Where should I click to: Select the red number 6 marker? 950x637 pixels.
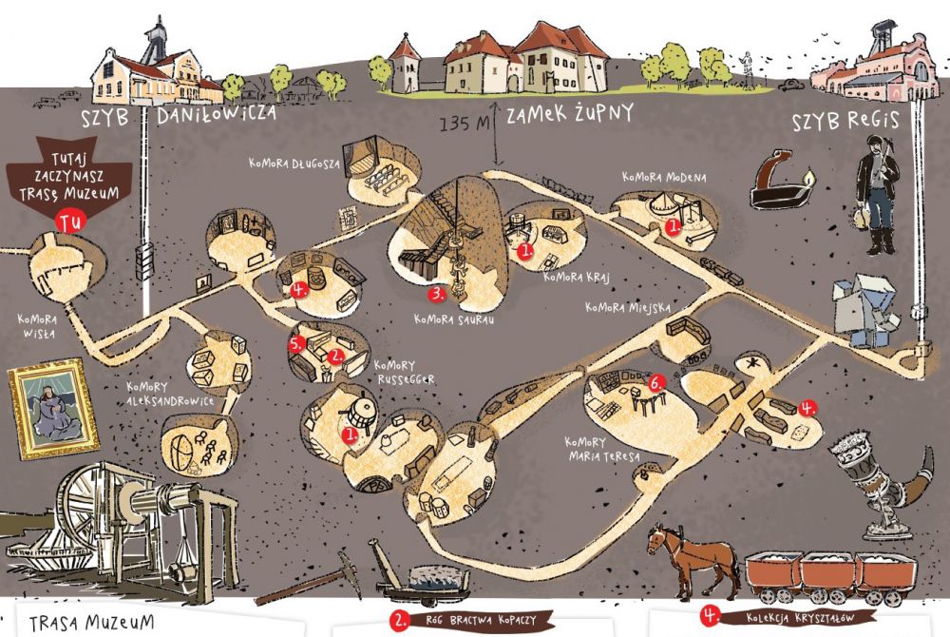pyautogui.click(x=655, y=383)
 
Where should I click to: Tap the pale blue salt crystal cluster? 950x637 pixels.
pyautogui.click(x=865, y=310)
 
